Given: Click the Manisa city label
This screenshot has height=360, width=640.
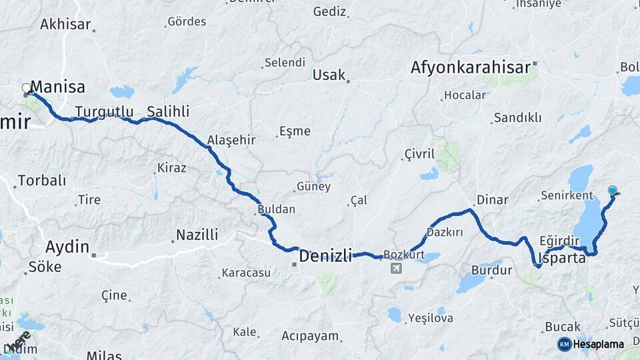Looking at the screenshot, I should pos(58,87).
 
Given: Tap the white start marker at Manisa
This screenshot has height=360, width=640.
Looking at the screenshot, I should pos(27,88).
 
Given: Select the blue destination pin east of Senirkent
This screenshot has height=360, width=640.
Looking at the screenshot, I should pos(613,191).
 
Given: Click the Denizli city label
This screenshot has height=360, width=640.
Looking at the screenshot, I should pos(325,256).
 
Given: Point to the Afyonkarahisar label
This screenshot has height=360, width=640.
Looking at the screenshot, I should pos(471,67).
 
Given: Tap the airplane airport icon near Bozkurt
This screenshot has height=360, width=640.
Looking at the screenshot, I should pos(396,268).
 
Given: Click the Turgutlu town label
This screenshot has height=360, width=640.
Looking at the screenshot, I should pos(104,111).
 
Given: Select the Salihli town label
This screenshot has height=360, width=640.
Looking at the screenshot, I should pos(168,111).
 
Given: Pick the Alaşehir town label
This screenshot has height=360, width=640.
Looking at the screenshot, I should pos(231,140).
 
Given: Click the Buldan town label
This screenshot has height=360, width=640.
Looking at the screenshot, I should pos(276,209).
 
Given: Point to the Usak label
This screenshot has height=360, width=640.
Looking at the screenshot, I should pos(329,75).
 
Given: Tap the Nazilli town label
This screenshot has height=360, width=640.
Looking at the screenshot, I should pos(197,235).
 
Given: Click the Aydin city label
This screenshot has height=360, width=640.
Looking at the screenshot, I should pos(67,247).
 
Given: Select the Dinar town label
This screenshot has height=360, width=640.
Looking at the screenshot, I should pos(492,200).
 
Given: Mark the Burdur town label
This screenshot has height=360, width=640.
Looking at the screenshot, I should pos(491,271).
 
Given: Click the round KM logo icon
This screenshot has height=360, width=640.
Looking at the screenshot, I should pos(565,344).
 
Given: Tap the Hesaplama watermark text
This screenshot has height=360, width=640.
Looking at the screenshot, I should pos(599,345).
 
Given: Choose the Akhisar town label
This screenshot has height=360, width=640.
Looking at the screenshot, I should pos(65,25).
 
